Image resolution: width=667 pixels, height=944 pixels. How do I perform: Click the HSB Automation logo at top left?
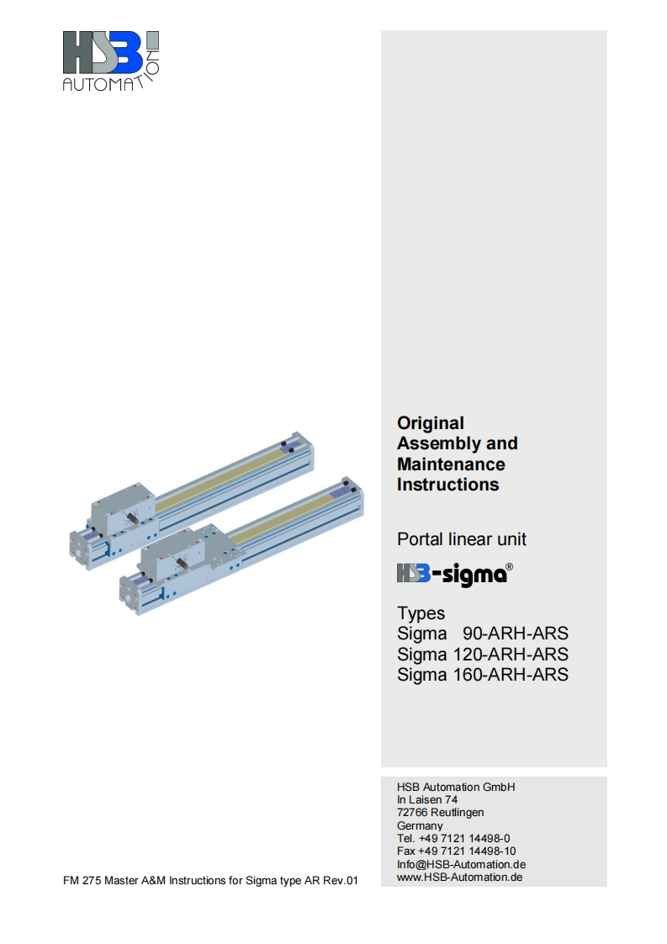click(111, 61)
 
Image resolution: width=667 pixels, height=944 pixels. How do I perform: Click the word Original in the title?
click(431, 423)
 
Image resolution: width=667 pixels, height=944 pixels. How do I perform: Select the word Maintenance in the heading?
click(451, 464)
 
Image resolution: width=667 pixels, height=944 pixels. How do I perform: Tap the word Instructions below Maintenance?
click(447, 485)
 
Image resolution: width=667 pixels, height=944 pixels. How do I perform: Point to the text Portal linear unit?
click(461, 538)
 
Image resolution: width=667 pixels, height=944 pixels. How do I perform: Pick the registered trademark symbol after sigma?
click(509, 566)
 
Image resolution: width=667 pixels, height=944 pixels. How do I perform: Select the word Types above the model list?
click(421, 613)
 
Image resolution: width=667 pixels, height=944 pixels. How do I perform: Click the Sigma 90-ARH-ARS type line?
click(482, 634)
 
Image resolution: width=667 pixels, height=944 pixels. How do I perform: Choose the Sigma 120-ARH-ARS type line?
click(482, 654)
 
